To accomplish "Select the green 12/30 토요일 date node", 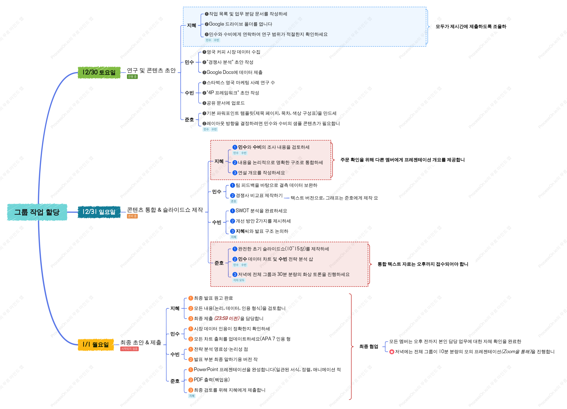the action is click(x=99, y=72).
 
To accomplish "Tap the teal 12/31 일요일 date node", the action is click(x=99, y=212).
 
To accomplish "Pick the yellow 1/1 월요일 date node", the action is click(x=96, y=344).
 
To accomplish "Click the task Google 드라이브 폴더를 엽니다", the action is click(x=241, y=24).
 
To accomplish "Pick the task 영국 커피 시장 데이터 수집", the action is click(x=233, y=52).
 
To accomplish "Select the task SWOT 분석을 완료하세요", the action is click(x=261, y=211).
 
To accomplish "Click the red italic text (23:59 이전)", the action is click(x=227, y=318).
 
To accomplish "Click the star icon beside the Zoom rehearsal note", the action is click(x=392, y=352).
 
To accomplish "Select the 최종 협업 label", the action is click(x=369, y=346).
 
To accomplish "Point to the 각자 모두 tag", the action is click(x=239, y=280).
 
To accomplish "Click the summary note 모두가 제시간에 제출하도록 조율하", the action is click(x=471, y=26).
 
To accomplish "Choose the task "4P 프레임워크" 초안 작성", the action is click(x=233, y=93).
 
